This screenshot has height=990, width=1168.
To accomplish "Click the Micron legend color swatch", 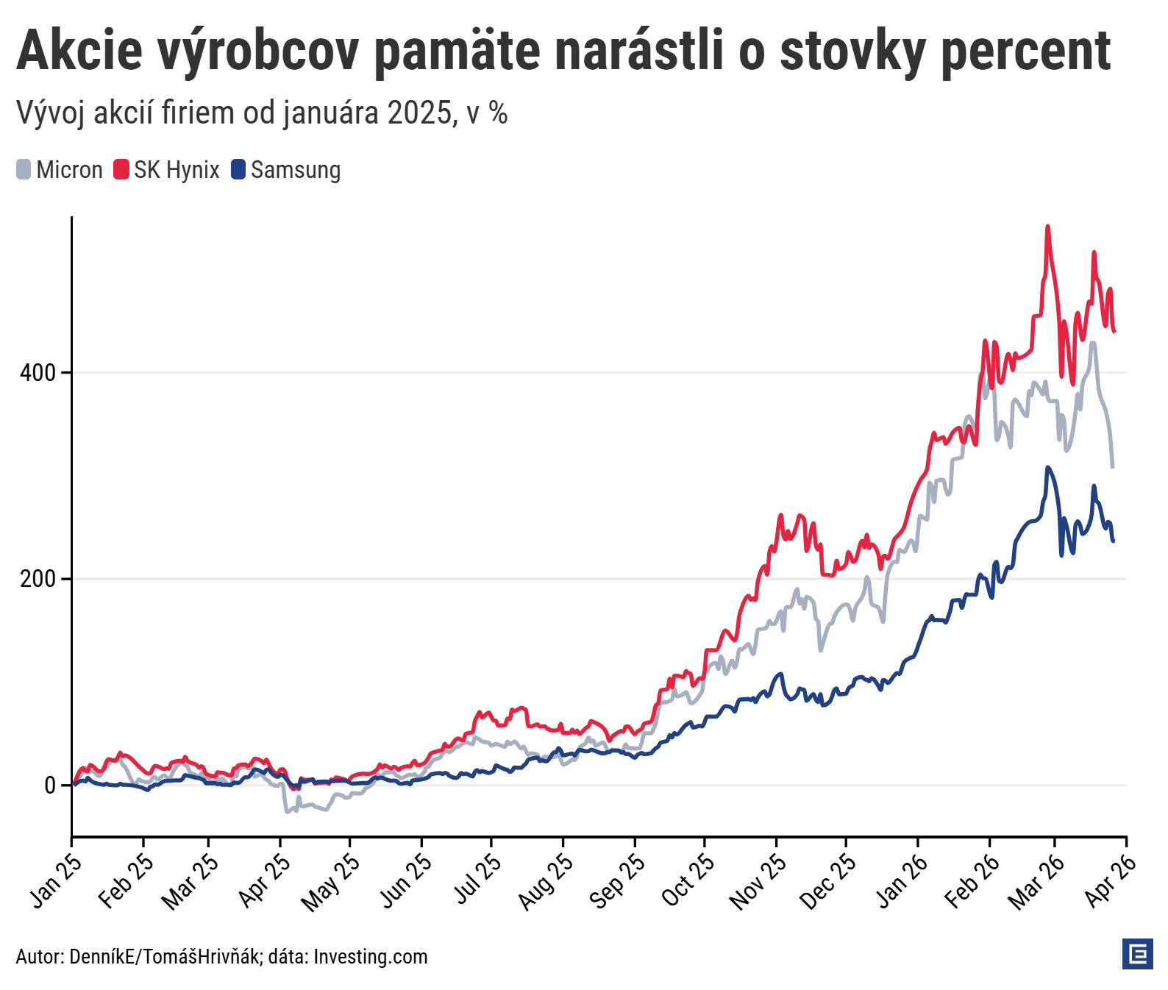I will tap(24, 170).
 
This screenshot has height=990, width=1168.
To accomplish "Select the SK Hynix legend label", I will tap(177, 170).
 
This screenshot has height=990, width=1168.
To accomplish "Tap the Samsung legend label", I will tap(296, 170).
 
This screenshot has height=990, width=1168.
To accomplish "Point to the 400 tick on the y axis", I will tap(38, 373).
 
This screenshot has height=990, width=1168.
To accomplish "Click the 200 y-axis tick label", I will tap(38, 579).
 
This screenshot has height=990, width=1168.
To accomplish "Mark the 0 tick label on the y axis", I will tap(50, 786).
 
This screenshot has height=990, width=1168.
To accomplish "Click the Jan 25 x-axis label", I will tap(56, 880).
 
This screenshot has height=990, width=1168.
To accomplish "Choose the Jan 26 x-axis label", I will tap(902, 880).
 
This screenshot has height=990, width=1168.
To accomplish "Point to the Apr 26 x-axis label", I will tap(1111, 880).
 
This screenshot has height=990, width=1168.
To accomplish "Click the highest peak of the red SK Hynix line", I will tap(1047, 227).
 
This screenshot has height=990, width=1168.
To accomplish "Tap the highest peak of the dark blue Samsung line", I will tap(1047, 468).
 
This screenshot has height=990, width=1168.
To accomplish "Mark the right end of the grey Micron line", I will tap(1113, 466).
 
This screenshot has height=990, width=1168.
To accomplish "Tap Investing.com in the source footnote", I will tap(371, 957).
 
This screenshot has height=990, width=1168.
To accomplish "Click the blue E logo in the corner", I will tap(1138, 954).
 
